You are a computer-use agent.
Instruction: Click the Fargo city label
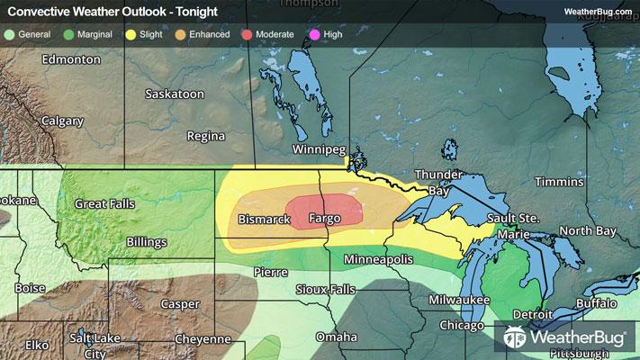(324, 219)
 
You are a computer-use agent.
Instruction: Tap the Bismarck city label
(264, 220)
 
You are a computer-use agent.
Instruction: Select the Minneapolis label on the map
(378, 259)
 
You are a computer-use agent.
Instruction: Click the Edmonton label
(72, 59)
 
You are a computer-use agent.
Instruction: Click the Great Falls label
(104, 204)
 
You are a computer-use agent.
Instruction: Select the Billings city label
(145, 242)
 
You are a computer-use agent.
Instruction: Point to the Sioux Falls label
(326, 290)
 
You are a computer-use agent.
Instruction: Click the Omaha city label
(336, 337)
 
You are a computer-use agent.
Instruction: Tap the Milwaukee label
(459, 299)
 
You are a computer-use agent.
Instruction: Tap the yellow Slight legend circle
(132, 33)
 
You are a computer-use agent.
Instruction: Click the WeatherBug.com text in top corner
(597, 12)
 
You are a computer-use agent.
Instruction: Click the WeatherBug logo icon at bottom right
(516, 338)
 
